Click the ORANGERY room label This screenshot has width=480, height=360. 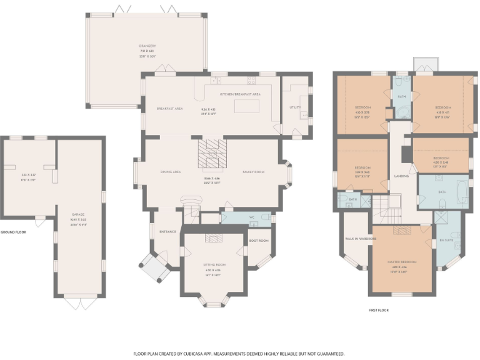(147, 46)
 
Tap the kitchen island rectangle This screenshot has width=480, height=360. (248, 106)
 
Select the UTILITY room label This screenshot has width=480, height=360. (295, 107)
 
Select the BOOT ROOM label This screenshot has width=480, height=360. (259, 241)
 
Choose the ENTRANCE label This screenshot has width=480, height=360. (168, 231)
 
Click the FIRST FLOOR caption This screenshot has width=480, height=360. (379, 309)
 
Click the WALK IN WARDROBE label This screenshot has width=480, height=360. (361, 239)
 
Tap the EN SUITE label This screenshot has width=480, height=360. (446, 240)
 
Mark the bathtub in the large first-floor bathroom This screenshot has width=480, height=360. (462, 192)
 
